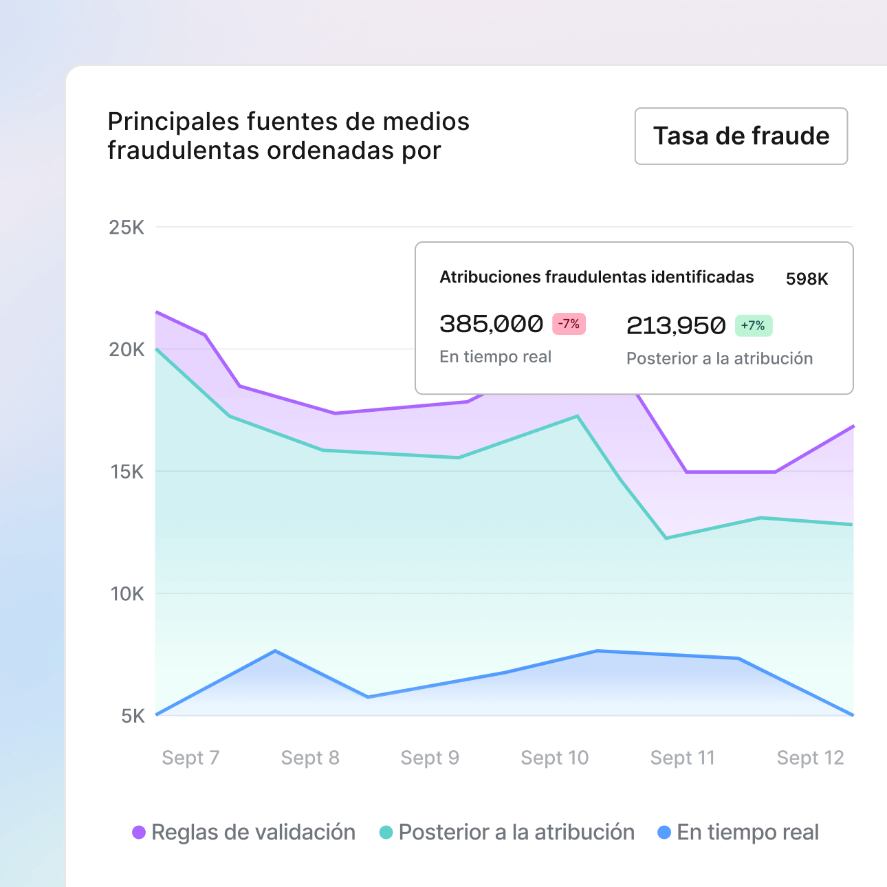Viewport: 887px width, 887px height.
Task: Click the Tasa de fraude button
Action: coord(741,136)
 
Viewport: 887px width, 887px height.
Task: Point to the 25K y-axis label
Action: coord(127,228)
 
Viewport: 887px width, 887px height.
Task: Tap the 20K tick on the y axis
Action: coord(127,350)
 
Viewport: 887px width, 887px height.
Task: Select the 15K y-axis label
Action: coord(127,472)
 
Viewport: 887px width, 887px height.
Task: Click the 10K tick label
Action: coord(127,594)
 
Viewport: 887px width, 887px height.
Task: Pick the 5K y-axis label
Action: coord(133,716)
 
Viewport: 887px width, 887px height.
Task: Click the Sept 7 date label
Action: coord(190,758)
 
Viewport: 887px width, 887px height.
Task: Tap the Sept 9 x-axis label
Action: coord(430,758)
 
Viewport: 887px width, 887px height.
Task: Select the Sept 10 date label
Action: coord(554,758)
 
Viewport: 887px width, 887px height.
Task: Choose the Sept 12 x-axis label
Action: coord(810,758)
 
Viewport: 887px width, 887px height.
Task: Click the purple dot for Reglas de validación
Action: coord(139,833)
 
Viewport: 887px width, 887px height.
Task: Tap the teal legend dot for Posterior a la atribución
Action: coord(386,833)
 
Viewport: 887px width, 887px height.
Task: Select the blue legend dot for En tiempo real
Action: coord(664,833)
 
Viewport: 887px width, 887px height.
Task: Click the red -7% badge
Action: coord(569,324)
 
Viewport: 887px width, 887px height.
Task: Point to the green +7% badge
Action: coord(754,326)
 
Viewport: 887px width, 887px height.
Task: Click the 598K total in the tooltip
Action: coord(807,279)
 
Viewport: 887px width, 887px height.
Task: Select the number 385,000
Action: coord(491,324)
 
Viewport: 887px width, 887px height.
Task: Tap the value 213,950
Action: coord(676,326)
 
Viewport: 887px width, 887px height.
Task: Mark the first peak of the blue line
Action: coord(275,650)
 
